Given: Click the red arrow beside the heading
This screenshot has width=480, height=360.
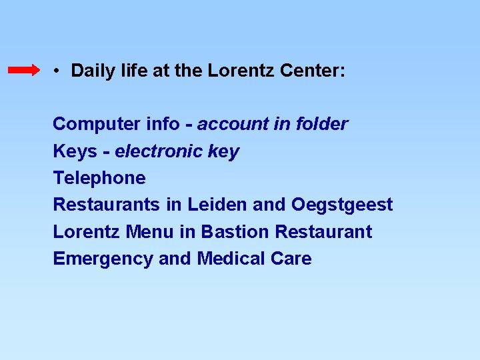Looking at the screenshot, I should tap(24, 70).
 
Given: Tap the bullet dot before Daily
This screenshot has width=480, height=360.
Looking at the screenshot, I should tap(59, 70).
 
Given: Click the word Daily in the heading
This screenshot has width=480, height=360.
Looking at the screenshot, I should tap(90, 71).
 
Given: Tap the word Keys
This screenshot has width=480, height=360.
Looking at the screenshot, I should tap(75, 152).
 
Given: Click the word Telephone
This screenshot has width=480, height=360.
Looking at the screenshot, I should tap(99, 178).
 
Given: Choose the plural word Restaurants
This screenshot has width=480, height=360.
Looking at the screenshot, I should tap(107, 205).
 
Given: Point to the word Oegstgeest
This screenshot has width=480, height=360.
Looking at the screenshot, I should tap(342, 205).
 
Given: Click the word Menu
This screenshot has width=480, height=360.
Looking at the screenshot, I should tap(149, 232).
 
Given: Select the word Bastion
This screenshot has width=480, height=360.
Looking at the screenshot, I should tap(235, 232).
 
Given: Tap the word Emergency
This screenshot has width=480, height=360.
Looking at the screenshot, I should tap(103, 259).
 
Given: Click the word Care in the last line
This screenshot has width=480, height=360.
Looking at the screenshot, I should tap(291, 259).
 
